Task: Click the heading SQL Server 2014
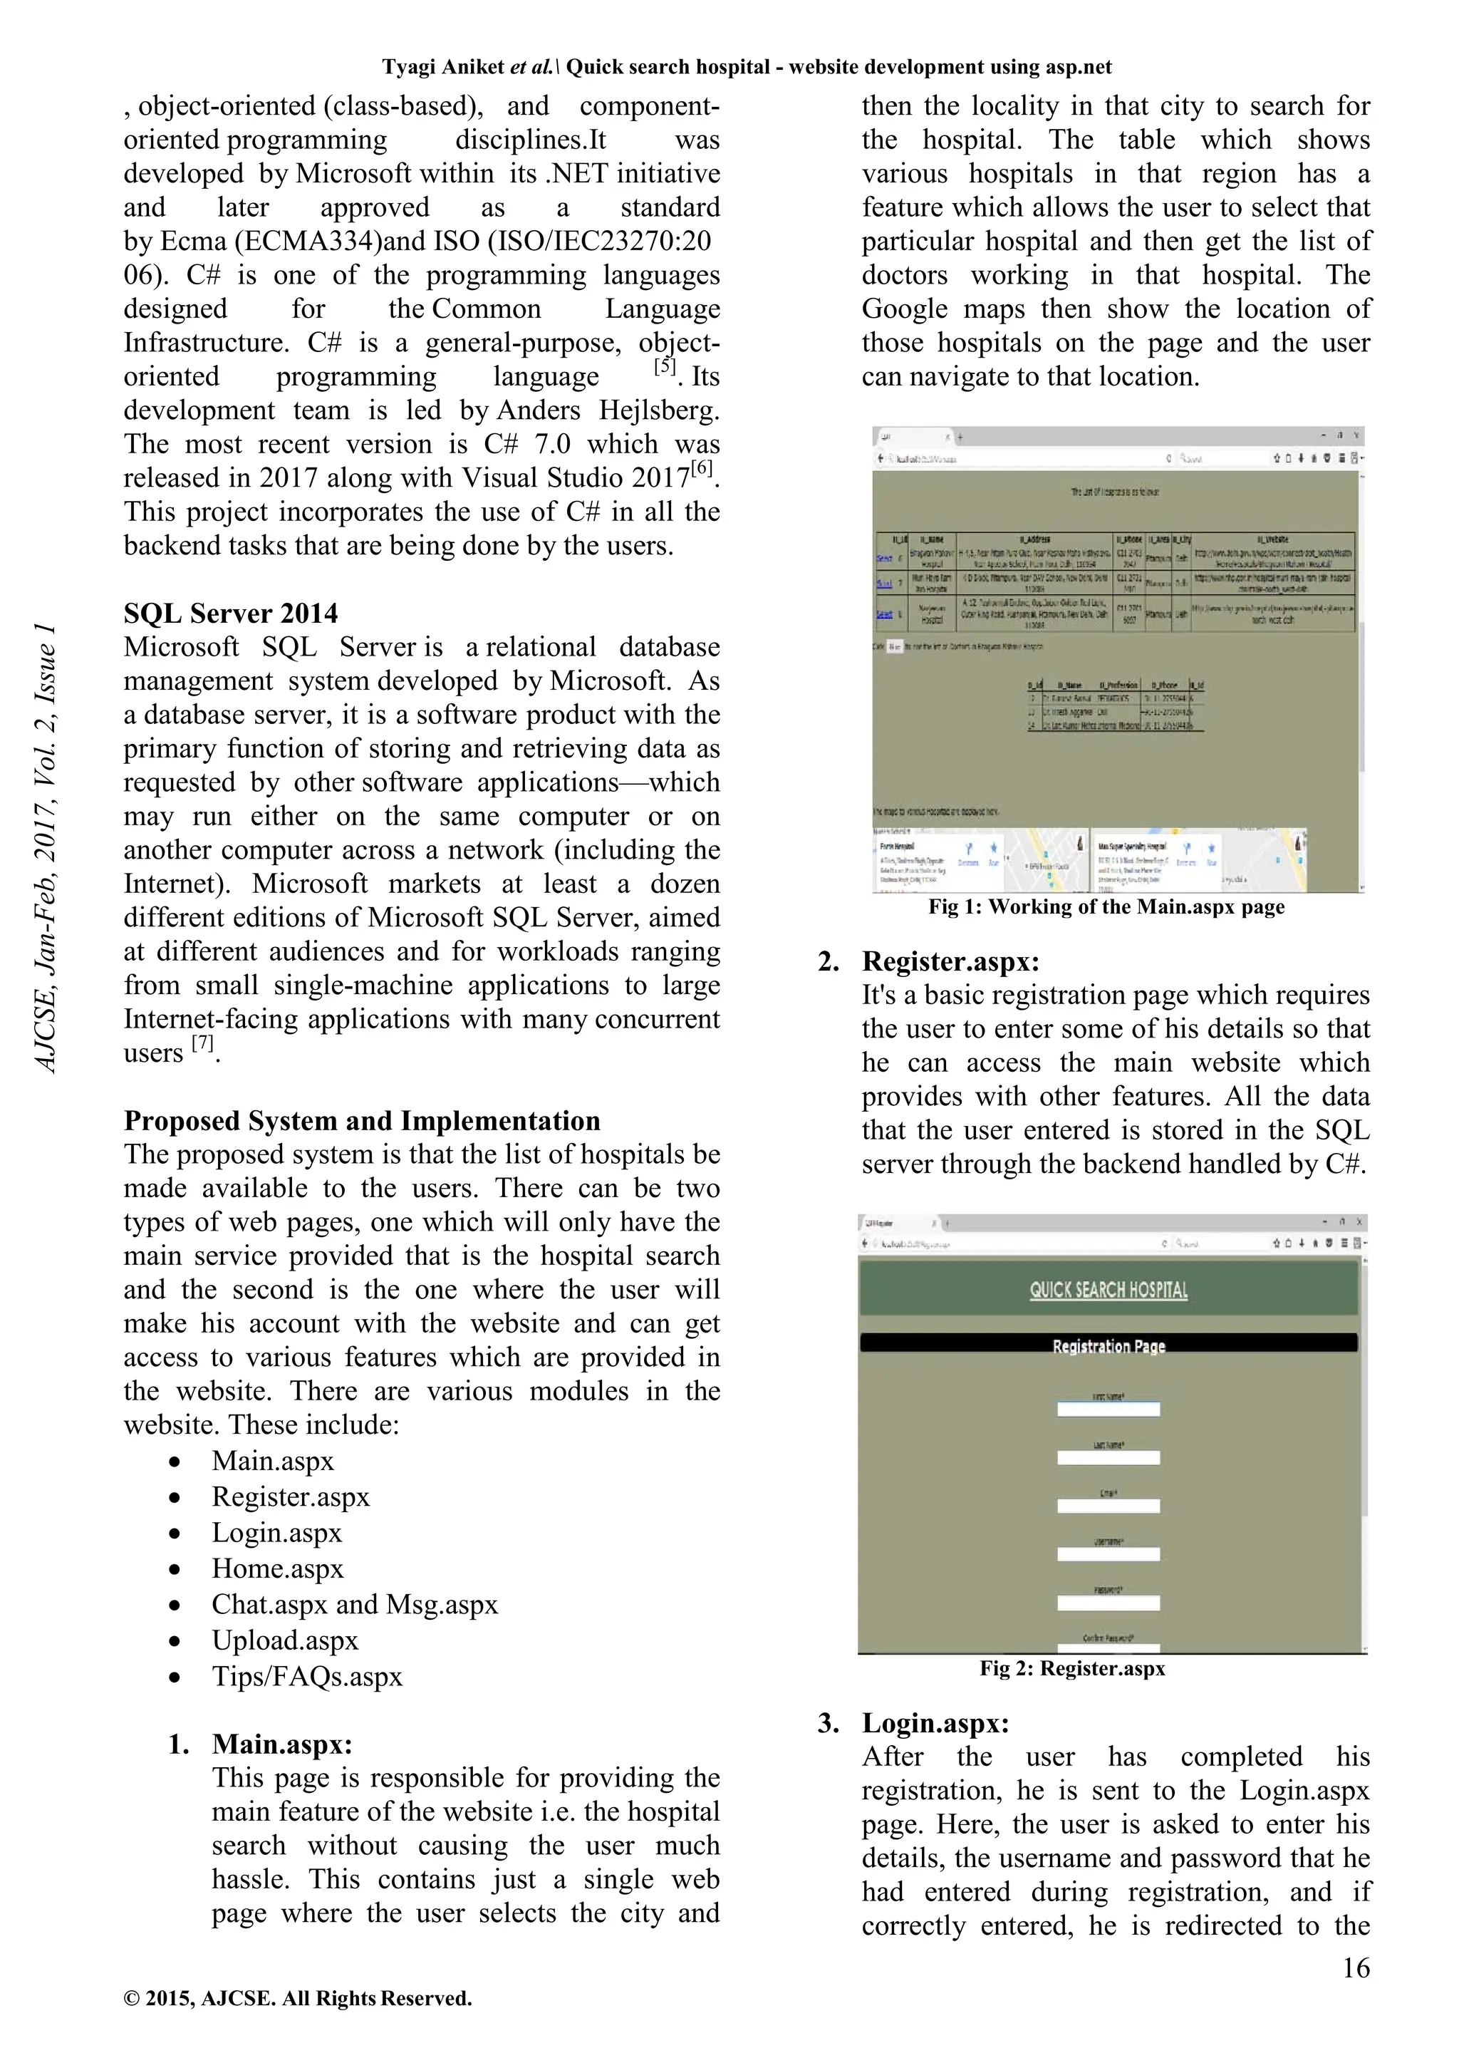click(231, 614)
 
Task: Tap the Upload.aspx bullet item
click(285, 1640)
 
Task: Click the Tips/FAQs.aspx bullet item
click(307, 1676)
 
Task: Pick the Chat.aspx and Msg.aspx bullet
click(355, 1604)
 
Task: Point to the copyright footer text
click(297, 1998)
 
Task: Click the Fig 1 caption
click(1106, 906)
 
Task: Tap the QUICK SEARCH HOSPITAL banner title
click(1108, 1291)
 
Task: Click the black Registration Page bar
click(1108, 1345)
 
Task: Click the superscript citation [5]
click(665, 366)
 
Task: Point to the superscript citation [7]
click(203, 1043)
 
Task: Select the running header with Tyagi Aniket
click(747, 68)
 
